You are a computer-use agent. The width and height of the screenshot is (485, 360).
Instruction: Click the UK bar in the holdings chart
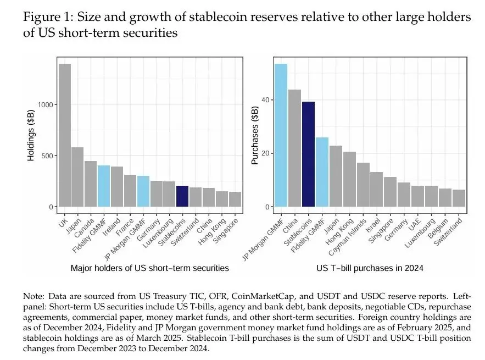pos(65,135)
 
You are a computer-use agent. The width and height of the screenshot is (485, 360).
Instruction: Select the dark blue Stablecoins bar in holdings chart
pos(182,196)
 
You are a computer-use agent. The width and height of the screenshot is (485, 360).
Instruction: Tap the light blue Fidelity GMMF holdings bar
pos(104,186)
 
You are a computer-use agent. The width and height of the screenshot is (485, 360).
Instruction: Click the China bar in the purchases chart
pos(294,148)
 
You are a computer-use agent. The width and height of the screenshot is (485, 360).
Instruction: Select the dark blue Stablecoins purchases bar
pos(308,154)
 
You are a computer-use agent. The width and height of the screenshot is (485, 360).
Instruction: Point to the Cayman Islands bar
pos(363,185)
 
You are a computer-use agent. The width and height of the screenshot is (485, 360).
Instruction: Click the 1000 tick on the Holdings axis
pos(47,104)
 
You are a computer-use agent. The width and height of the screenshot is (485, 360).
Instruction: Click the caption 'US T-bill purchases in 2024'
pos(369,268)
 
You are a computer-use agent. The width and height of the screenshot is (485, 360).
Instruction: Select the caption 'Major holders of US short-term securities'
pos(149,268)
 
